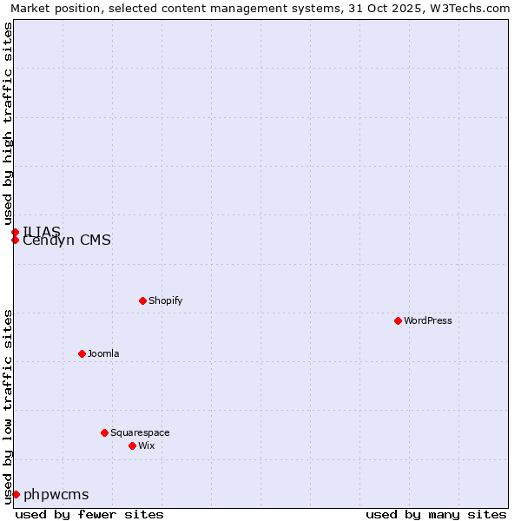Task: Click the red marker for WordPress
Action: (x=398, y=320)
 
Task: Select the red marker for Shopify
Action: (x=142, y=300)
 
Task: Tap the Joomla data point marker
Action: (x=82, y=353)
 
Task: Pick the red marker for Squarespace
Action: (x=104, y=432)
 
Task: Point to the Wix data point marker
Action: (x=132, y=445)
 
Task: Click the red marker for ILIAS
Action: (x=15, y=232)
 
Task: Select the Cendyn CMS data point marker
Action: (x=15, y=240)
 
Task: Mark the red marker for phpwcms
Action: (x=16, y=494)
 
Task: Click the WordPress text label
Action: (x=428, y=320)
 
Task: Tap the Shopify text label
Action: (x=165, y=300)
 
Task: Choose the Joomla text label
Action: (x=103, y=353)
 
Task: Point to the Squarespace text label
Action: (x=140, y=432)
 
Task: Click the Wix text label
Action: (x=146, y=445)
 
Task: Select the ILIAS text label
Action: (x=42, y=231)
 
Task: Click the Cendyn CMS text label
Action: (x=67, y=241)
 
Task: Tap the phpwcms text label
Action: (x=56, y=494)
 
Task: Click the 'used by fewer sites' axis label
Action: (x=89, y=514)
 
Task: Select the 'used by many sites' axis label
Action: (x=436, y=514)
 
